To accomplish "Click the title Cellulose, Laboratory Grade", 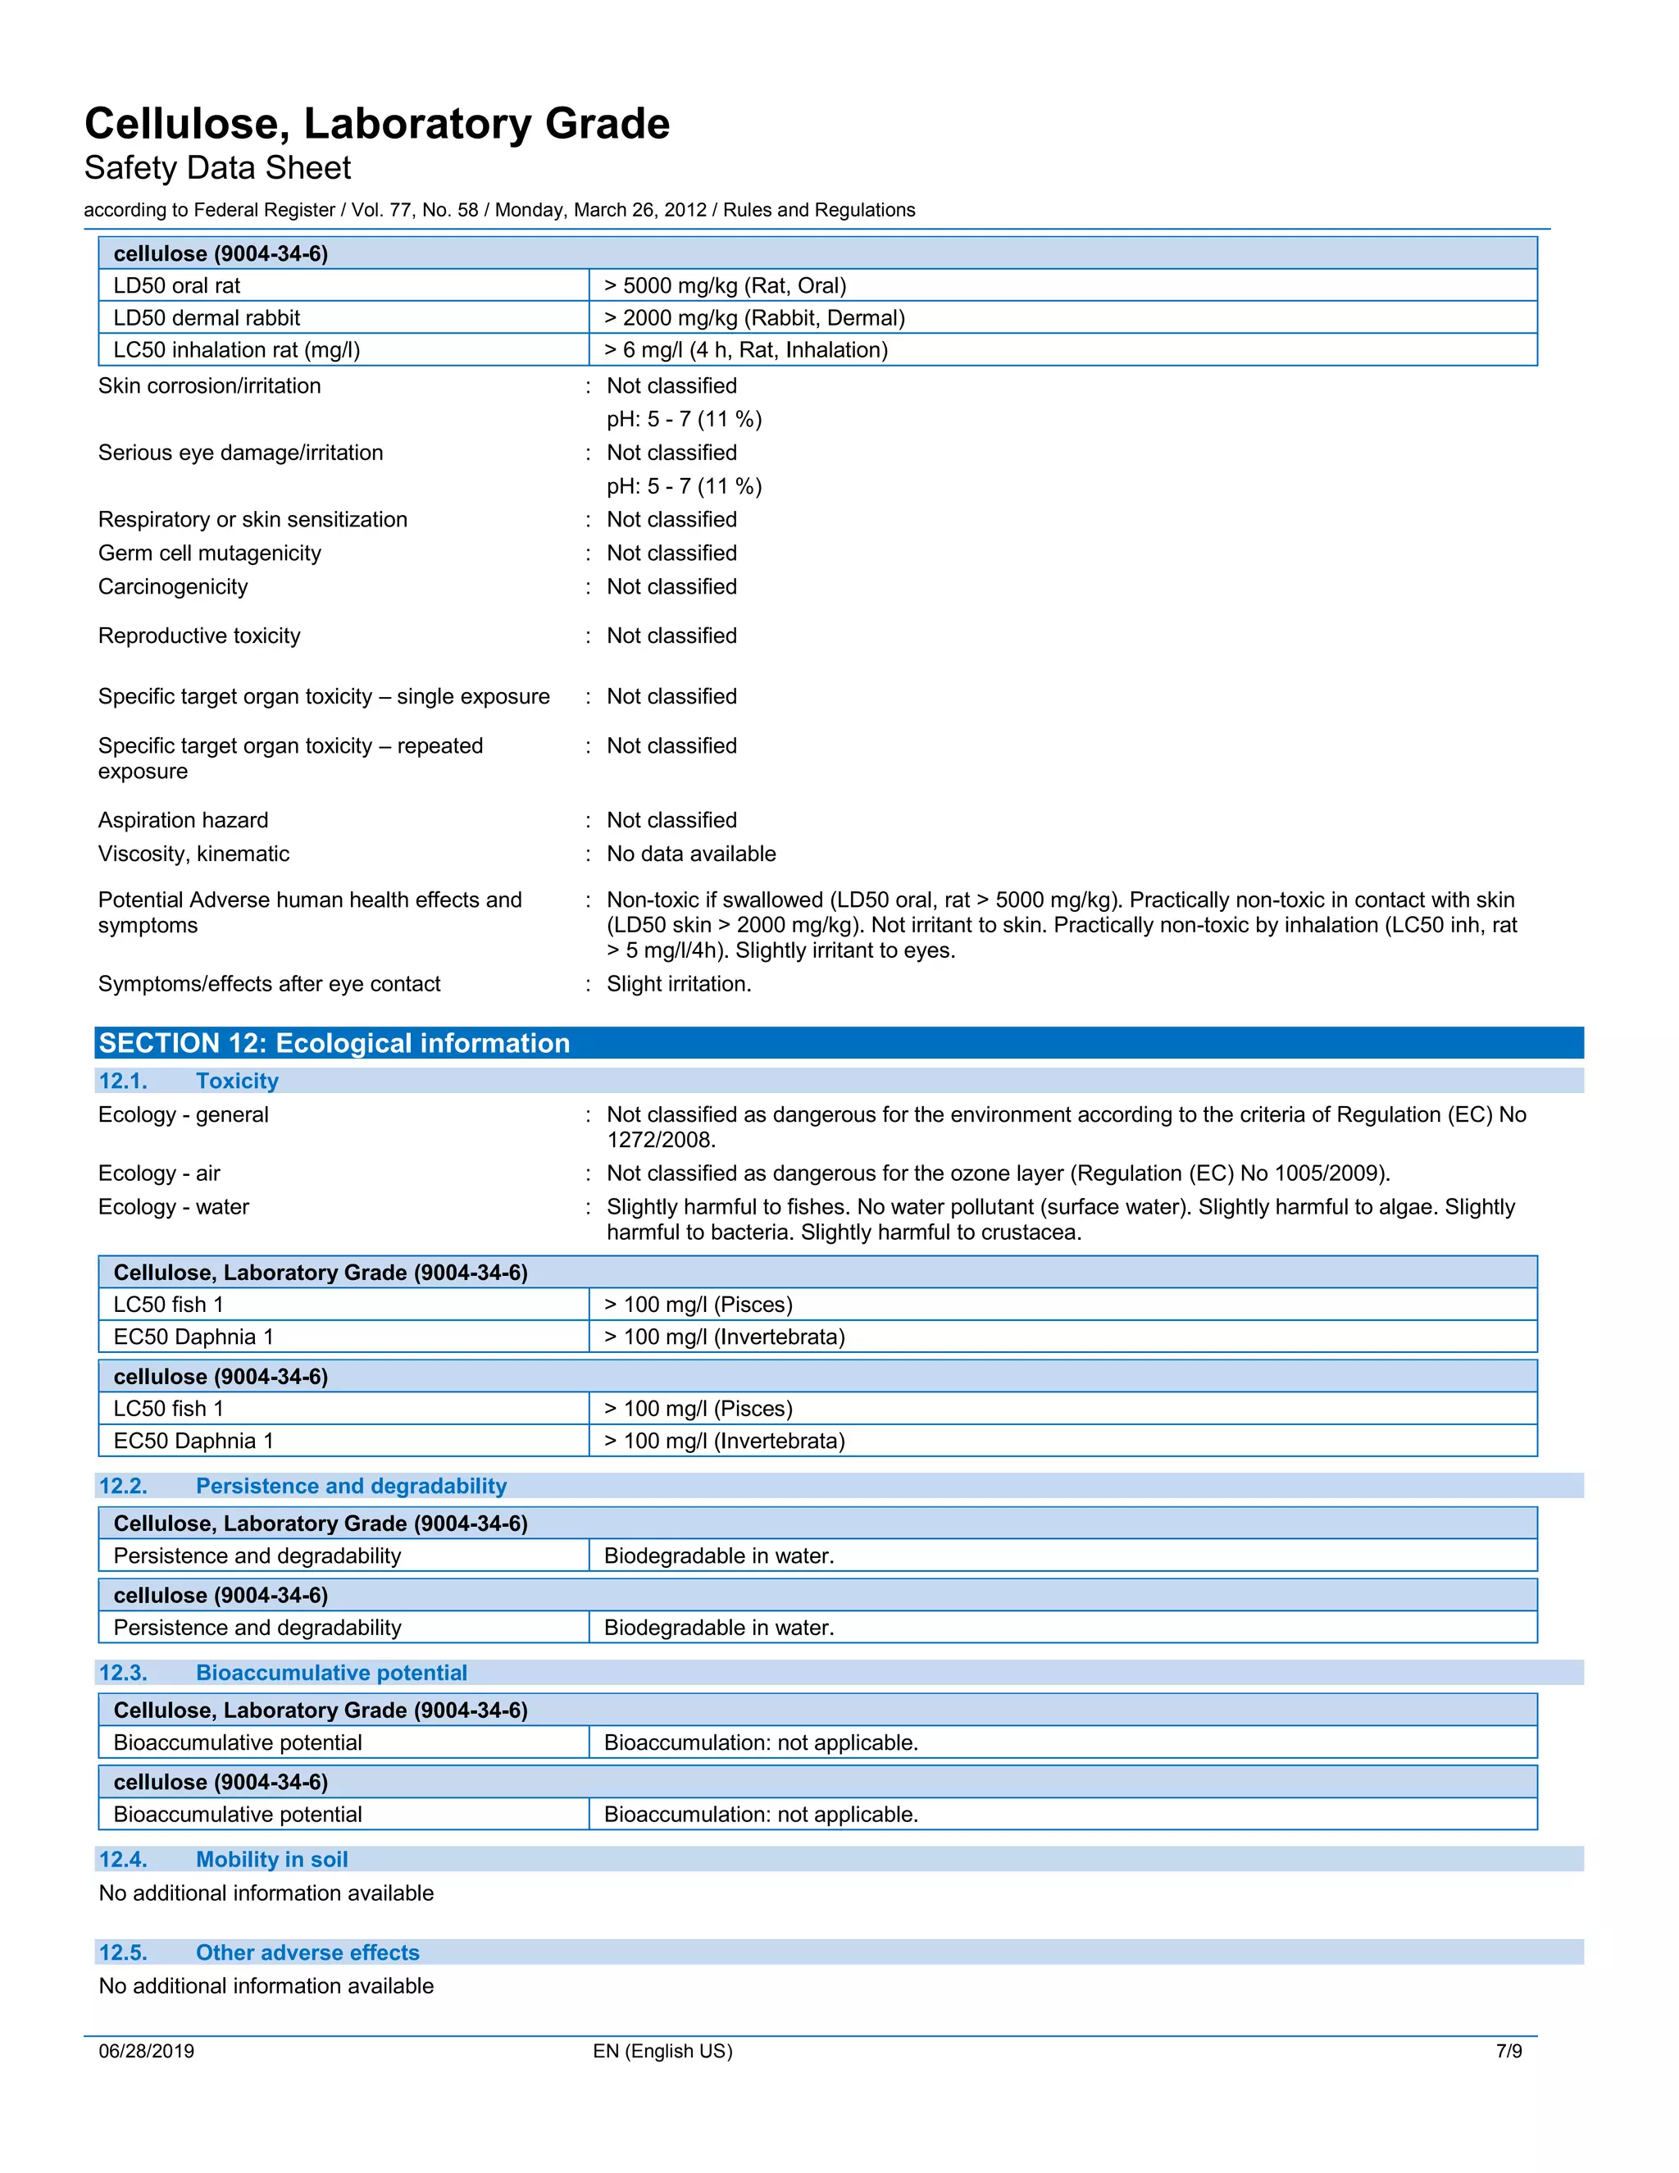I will click(377, 125).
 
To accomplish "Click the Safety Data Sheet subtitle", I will click(218, 168).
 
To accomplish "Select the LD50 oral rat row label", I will click(177, 285).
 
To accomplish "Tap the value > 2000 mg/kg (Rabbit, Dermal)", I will click(754, 317).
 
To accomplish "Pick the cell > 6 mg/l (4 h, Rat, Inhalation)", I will click(746, 349).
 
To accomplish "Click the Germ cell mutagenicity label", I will click(210, 553).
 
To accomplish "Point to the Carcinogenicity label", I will click(173, 587).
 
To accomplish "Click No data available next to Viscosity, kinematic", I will click(691, 854).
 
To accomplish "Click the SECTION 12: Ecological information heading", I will click(334, 1043).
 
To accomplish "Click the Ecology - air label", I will click(159, 1173).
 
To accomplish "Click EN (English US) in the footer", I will click(662, 2051).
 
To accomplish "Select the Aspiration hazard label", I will click(183, 820).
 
